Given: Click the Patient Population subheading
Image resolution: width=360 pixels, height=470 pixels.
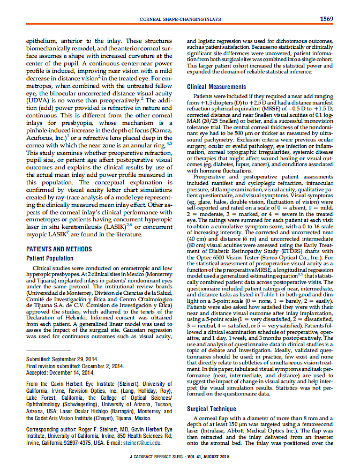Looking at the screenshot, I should pos(50,258).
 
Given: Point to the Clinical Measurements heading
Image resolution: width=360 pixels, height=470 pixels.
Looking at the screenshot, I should pos(216,87).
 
